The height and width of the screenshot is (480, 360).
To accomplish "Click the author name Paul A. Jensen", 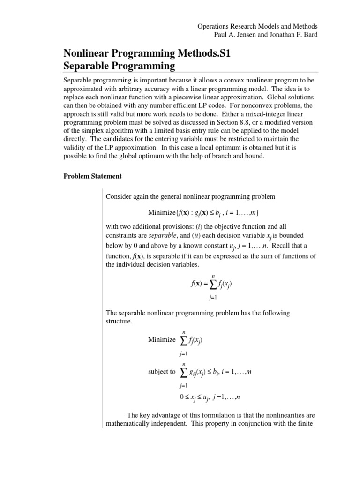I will tap(233, 36).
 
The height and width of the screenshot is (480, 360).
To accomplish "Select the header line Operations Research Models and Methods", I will tap(257, 27).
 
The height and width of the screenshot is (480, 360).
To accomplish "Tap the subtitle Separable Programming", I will tap(119, 66).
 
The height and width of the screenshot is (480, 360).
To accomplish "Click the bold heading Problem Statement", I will tap(92, 176).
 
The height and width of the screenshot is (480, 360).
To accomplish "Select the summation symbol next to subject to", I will tap(183, 372).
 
